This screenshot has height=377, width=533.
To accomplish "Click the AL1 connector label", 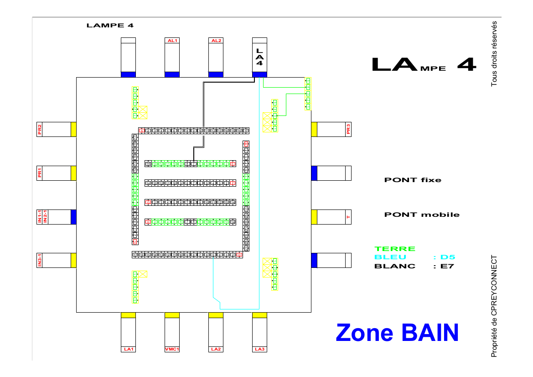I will (172, 41).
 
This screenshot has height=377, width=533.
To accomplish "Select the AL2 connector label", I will (216, 41).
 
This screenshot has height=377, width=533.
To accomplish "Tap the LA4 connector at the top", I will (259, 57).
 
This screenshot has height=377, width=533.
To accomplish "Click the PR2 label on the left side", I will (40, 129).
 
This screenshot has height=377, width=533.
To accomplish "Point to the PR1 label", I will (40, 173).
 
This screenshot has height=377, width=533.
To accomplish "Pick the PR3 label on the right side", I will (348, 129).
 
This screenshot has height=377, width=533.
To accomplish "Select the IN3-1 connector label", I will (40, 261).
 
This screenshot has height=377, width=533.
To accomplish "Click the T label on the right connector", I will (348, 217).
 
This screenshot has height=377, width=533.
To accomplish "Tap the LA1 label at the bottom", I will (128, 349).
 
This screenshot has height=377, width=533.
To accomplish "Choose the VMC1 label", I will (172, 349).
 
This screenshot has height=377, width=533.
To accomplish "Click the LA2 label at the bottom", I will (216, 349).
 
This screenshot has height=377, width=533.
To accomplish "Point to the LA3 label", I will (259, 349).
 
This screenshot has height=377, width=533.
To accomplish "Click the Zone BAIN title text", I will (397, 332).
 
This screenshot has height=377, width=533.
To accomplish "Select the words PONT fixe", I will (413, 180).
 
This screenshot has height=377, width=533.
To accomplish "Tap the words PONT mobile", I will (422, 215).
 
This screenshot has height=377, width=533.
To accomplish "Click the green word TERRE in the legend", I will (395, 249).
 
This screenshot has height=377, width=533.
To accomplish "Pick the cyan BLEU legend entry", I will (390, 257).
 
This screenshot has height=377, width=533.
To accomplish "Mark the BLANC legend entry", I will (395, 266).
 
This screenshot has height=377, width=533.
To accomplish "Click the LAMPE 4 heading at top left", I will (110, 26).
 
